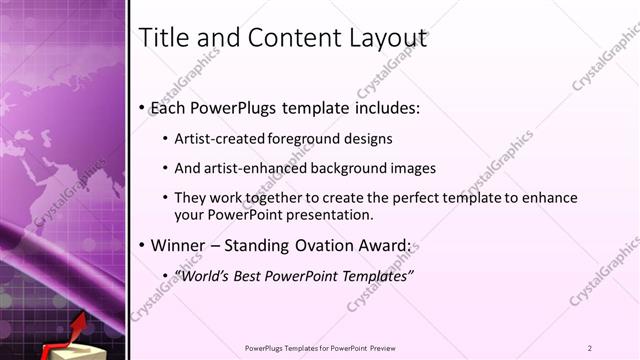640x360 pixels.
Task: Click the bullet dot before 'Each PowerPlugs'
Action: (142, 107)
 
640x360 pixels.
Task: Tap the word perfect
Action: (414, 198)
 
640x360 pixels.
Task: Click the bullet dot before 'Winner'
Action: (142, 245)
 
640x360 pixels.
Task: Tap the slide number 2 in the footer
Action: (590, 348)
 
